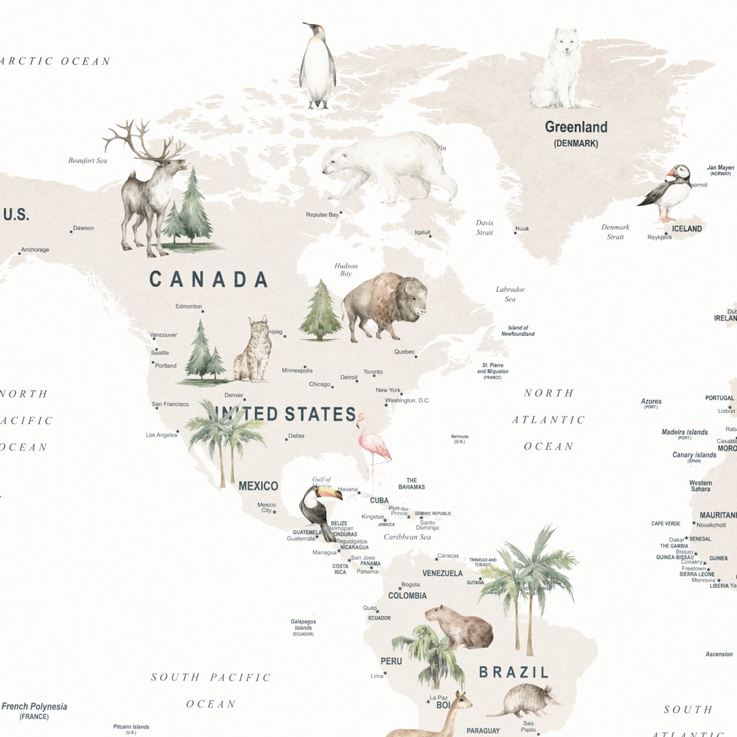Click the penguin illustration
point(318,68)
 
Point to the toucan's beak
point(329,494)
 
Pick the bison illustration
point(384,304)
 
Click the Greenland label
point(576,128)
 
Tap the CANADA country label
point(209,280)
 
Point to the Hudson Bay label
point(346,270)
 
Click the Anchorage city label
point(35,250)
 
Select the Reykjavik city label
point(660,237)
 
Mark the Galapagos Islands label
point(303,625)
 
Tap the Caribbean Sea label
point(407,537)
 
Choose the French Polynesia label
point(34,707)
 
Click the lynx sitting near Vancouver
point(254,353)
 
